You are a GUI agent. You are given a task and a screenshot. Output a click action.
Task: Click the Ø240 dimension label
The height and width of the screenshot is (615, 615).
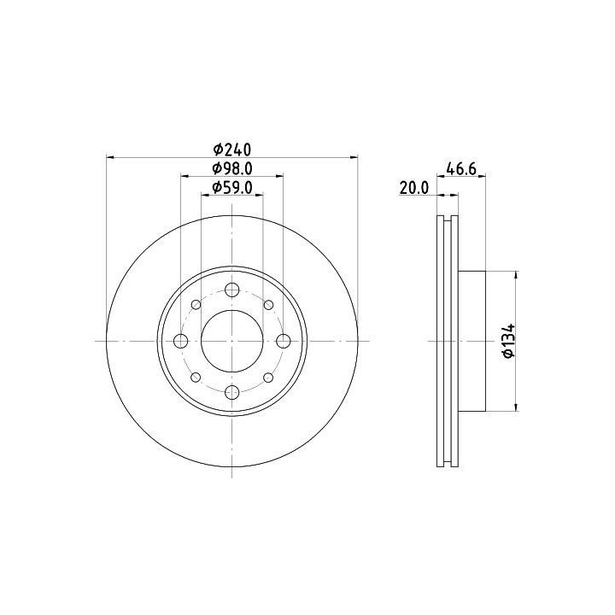point(231,149)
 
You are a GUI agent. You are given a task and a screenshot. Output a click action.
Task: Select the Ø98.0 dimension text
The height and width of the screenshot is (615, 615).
point(231,168)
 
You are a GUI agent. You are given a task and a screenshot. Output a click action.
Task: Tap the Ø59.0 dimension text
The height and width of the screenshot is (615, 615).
point(231,188)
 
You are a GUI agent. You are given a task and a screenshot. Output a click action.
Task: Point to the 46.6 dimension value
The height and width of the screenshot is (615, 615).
point(461,169)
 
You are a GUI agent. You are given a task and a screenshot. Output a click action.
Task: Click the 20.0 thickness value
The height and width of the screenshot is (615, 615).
point(414,188)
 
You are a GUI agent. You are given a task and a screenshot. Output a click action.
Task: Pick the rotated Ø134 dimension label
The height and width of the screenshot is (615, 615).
point(509,341)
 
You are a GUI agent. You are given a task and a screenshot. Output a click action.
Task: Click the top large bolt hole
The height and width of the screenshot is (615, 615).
point(232,290)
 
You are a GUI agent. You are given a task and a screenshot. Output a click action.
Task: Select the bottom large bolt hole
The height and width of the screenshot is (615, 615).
point(232,392)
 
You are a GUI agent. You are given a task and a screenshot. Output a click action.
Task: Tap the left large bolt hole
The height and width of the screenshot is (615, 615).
point(181,341)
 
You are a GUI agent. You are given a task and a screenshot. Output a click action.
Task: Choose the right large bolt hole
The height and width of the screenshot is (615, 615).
point(284,341)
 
